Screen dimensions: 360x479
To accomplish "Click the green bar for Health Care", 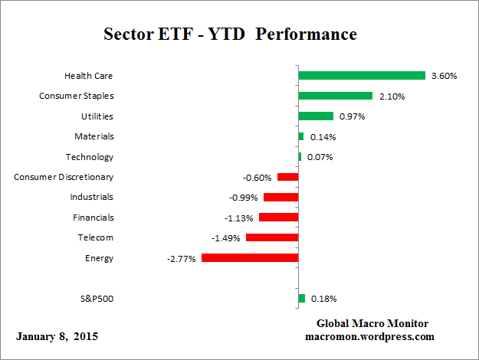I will [x=361, y=76].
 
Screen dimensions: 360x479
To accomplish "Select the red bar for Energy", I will [x=250, y=258].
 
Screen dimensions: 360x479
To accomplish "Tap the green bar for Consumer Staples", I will [x=335, y=96].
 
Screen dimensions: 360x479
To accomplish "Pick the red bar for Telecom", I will [x=272, y=238].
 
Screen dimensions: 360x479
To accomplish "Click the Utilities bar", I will [x=315, y=116].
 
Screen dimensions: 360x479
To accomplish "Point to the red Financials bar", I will [x=278, y=218].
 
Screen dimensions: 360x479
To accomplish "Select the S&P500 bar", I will [x=301, y=299].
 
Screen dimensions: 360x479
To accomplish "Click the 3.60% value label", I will [x=444, y=76].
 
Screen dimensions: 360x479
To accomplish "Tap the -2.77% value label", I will [x=182, y=259].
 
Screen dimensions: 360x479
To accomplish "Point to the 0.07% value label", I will [x=320, y=157].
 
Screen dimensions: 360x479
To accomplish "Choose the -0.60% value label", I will [x=258, y=178].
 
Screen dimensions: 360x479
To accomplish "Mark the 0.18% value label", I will [x=323, y=299].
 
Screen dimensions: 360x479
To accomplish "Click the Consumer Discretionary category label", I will [x=64, y=177].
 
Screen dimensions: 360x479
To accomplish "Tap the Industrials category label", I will [x=91, y=197].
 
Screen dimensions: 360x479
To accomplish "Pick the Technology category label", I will [x=90, y=157].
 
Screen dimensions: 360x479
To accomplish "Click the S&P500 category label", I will [x=96, y=299].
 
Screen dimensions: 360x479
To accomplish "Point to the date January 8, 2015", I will [x=57, y=336].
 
